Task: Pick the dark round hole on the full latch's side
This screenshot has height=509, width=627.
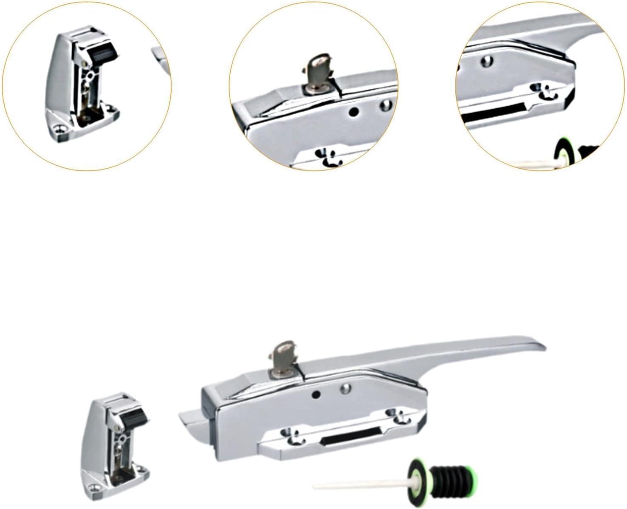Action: tap(316, 395)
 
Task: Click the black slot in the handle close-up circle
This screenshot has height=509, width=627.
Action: tap(493, 111)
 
